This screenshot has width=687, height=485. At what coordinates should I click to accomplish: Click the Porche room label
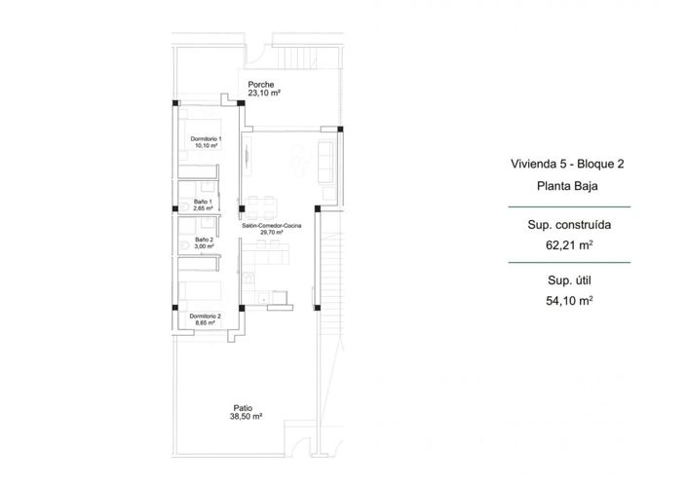tap(261, 85)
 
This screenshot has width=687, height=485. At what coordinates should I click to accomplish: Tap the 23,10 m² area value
tap(264, 94)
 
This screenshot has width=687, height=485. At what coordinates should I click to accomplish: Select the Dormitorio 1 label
tap(206, 139)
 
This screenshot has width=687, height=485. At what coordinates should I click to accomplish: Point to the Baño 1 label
tap(203, 201)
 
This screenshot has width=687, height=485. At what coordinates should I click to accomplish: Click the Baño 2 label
tap(203, 240)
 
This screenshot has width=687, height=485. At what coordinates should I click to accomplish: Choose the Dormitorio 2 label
tap(206, 316)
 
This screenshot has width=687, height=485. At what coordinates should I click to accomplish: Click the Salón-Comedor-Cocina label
tap(272, 225)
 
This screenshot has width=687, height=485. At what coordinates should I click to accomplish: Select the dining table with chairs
tap(263, 206)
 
